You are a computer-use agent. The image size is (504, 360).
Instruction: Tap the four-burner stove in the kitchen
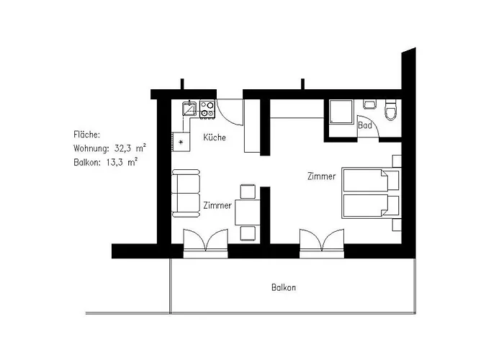coord(208,109)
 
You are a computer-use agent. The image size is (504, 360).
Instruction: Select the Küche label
coord(215,138)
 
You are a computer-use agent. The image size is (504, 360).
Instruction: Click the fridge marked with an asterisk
coord(181,141)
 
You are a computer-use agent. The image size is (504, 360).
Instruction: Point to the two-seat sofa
coord(186,193)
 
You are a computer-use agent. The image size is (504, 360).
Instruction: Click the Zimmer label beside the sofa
coord(217,205)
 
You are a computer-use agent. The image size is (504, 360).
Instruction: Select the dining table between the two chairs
coord(248,212)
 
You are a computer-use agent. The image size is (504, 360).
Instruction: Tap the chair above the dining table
coord(248,192)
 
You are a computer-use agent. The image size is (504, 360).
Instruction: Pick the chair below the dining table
coord(248,232)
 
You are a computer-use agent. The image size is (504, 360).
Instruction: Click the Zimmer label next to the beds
coord(320,176)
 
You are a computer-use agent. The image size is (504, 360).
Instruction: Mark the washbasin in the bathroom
coord(369,102)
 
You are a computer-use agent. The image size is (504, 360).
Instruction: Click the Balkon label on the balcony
coord(284,287)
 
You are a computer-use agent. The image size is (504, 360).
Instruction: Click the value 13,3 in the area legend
coord(116,162)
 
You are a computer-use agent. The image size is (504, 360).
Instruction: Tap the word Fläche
coord(87,135)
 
